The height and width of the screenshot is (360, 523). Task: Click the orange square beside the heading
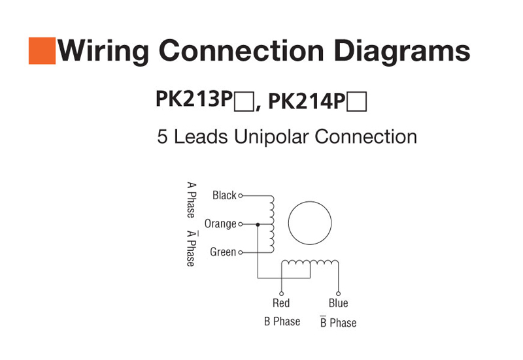[41, 51]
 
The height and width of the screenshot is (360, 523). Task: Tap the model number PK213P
[194, 99]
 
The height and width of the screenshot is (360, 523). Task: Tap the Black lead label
[224, 195]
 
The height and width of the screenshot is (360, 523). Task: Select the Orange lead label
[220, 224]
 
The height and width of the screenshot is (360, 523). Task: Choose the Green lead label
[223, 252]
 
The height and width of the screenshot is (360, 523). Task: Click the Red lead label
[281, 303]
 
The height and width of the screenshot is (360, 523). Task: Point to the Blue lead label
[338, 303]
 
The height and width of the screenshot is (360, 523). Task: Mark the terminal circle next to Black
[241, 195]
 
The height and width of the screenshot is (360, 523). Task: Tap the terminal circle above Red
[282, 293]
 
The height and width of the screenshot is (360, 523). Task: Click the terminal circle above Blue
[338, 293]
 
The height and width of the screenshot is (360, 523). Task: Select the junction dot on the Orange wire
[258, 224]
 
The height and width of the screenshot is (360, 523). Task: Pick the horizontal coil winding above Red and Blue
[309, 263]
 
